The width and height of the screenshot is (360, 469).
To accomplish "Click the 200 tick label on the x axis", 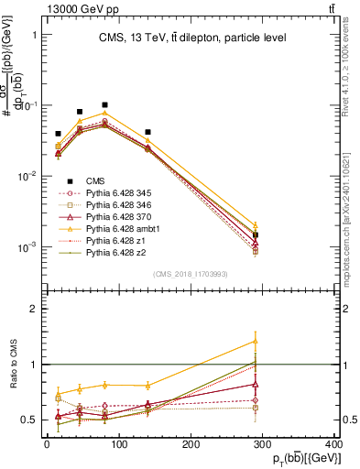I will click(x=191, y=446).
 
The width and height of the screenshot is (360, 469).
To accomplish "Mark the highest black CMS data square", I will click(x=105, y=105).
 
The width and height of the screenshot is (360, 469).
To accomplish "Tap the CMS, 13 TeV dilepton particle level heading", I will click(x=192, y=38).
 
